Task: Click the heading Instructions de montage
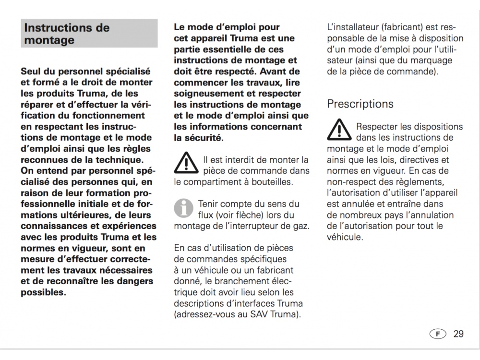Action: [67, 34]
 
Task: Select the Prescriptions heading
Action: [360, 104]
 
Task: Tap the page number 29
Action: [458, 334]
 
